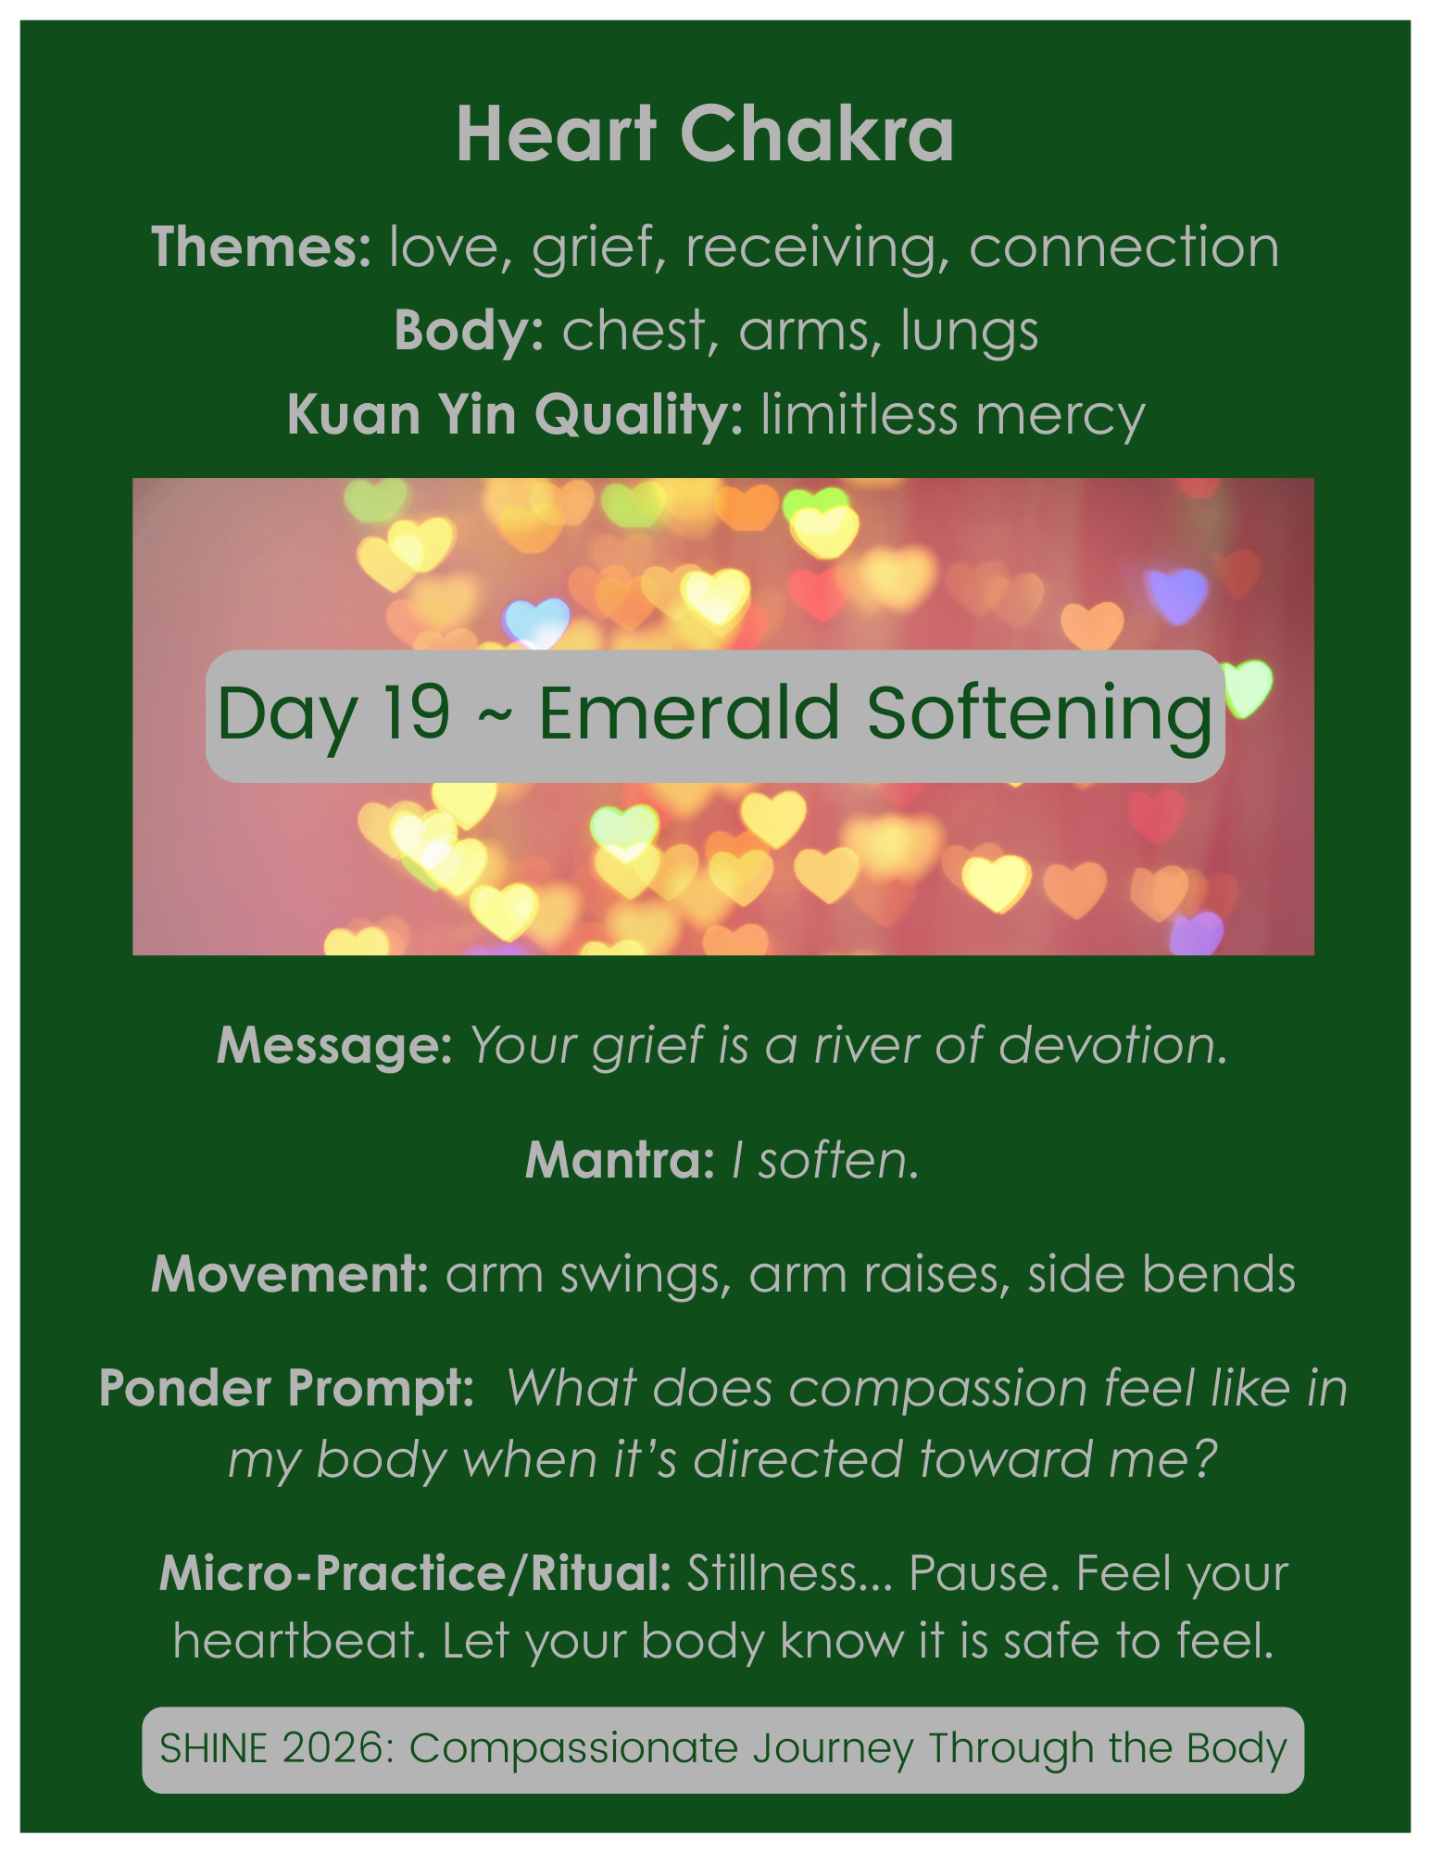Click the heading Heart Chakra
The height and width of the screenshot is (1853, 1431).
(x=705, y=134)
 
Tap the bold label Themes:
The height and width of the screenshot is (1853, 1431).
(x=261, y=247)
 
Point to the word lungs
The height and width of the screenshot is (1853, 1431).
(x=969, y=331)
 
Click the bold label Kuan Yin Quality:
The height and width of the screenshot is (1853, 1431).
(x=515, y=414)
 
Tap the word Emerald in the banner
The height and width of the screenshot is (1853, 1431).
(x=688, y=712)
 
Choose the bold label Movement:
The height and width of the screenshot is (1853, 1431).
(x=290, y=1274)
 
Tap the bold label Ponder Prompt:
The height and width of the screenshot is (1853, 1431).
(x=286, y=1388)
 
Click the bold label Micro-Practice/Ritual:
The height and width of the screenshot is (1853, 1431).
(x=415, y=1573)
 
